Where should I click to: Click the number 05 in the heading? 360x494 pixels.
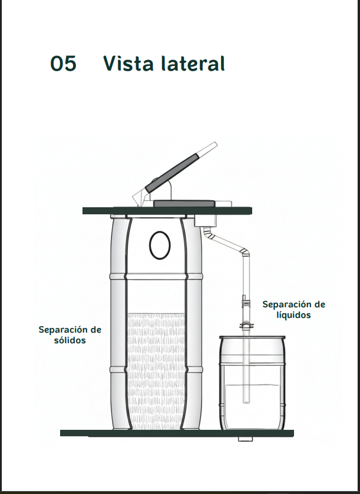tap(64, 64)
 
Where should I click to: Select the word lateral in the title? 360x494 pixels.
tap(193, 64)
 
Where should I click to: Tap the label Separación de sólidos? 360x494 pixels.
tap(70, 335)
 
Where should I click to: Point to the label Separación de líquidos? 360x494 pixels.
tap(294, 310)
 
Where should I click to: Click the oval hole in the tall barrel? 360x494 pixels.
tap(160, 245)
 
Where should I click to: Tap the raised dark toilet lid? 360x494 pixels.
tap(172, 173)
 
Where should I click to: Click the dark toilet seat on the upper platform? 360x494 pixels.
tap(184, 204)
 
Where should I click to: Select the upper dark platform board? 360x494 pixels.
tap(167, 210)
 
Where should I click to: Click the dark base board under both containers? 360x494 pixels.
tap(177, 433)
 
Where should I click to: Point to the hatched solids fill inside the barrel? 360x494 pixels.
tap(156, 371)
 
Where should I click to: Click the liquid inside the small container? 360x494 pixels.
tap(252, 406)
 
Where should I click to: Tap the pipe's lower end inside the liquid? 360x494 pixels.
tap(246, 402)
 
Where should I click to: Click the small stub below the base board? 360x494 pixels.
tap(245, 439)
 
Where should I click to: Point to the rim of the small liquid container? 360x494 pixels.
tap(253, 337)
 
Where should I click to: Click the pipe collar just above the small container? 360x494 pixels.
tap(246, 326)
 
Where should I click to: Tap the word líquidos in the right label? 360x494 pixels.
tap(294, 315)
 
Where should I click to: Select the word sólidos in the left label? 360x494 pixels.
tap(70, 340)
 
